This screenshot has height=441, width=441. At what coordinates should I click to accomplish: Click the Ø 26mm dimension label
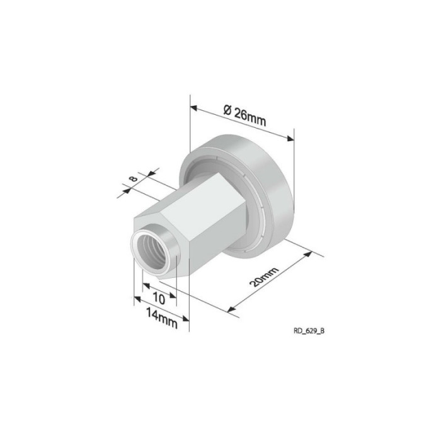(x=244, y=115)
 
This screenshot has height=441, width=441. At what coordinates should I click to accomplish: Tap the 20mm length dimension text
(x=264, y=277)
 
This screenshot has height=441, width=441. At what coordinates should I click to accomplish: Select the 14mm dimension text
(x=162, y=318)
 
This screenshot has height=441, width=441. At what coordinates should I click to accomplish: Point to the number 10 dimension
(x=159, y=298)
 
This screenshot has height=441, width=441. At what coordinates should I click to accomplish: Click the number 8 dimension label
(x=133, y=178)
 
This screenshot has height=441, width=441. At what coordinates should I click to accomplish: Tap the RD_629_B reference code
(x=309, y=331)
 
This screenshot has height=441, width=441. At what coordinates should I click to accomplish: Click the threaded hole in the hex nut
(x=151, y=252)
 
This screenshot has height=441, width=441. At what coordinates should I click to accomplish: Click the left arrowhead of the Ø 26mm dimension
(x=194, y=108)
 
